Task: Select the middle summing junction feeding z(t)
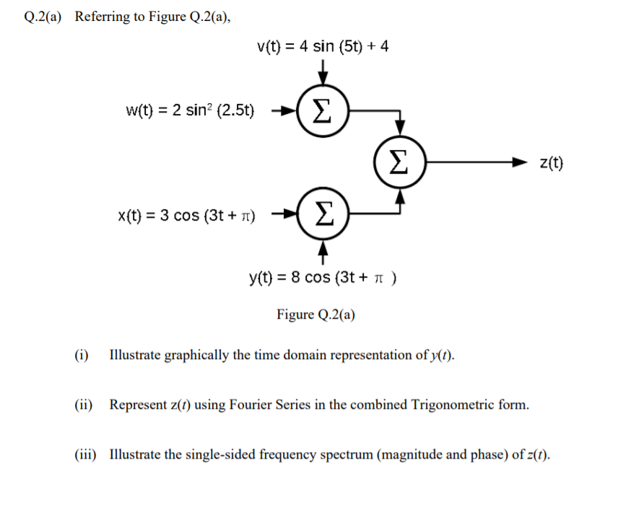pos(399,162)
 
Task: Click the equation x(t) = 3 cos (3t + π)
pos(191,214)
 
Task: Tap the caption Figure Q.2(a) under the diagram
pos(315,314)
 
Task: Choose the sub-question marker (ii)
pos(83,405)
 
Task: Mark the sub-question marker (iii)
pos(85,454)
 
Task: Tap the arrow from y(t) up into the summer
pos(324,250)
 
